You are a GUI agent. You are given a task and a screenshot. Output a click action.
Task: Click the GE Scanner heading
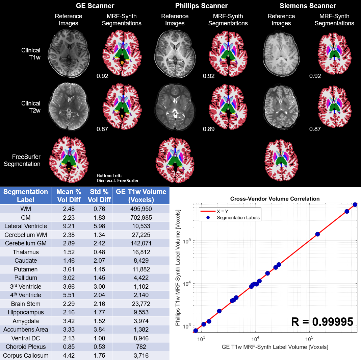95,6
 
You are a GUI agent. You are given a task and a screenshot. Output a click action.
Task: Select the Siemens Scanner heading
308,6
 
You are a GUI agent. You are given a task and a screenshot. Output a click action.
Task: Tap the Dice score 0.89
209,129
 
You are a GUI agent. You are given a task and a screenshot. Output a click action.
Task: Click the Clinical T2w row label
31,107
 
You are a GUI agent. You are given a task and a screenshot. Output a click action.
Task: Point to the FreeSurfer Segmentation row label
22,160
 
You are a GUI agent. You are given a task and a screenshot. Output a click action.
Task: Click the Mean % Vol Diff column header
69,196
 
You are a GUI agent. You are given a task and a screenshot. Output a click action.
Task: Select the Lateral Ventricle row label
26,226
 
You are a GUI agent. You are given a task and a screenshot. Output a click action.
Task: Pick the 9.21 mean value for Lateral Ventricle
69,226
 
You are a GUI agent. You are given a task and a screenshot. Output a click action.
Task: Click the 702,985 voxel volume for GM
141,218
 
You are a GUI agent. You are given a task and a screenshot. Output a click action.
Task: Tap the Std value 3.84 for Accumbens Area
99,330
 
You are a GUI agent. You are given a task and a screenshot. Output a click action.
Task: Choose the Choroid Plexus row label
26,347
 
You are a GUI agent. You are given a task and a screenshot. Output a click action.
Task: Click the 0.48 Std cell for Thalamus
99,252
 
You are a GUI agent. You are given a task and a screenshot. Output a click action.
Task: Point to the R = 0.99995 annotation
322,322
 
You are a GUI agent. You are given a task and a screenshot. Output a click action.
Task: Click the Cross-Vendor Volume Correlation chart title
275,199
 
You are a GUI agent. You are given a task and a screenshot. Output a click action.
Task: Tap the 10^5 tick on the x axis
309,339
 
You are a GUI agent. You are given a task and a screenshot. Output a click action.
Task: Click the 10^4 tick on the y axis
187,284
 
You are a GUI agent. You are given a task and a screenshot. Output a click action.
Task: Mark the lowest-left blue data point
196,331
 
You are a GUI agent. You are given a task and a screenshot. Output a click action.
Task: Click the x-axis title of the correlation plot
275,347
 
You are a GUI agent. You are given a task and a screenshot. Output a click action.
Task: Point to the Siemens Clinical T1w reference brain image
281,54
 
